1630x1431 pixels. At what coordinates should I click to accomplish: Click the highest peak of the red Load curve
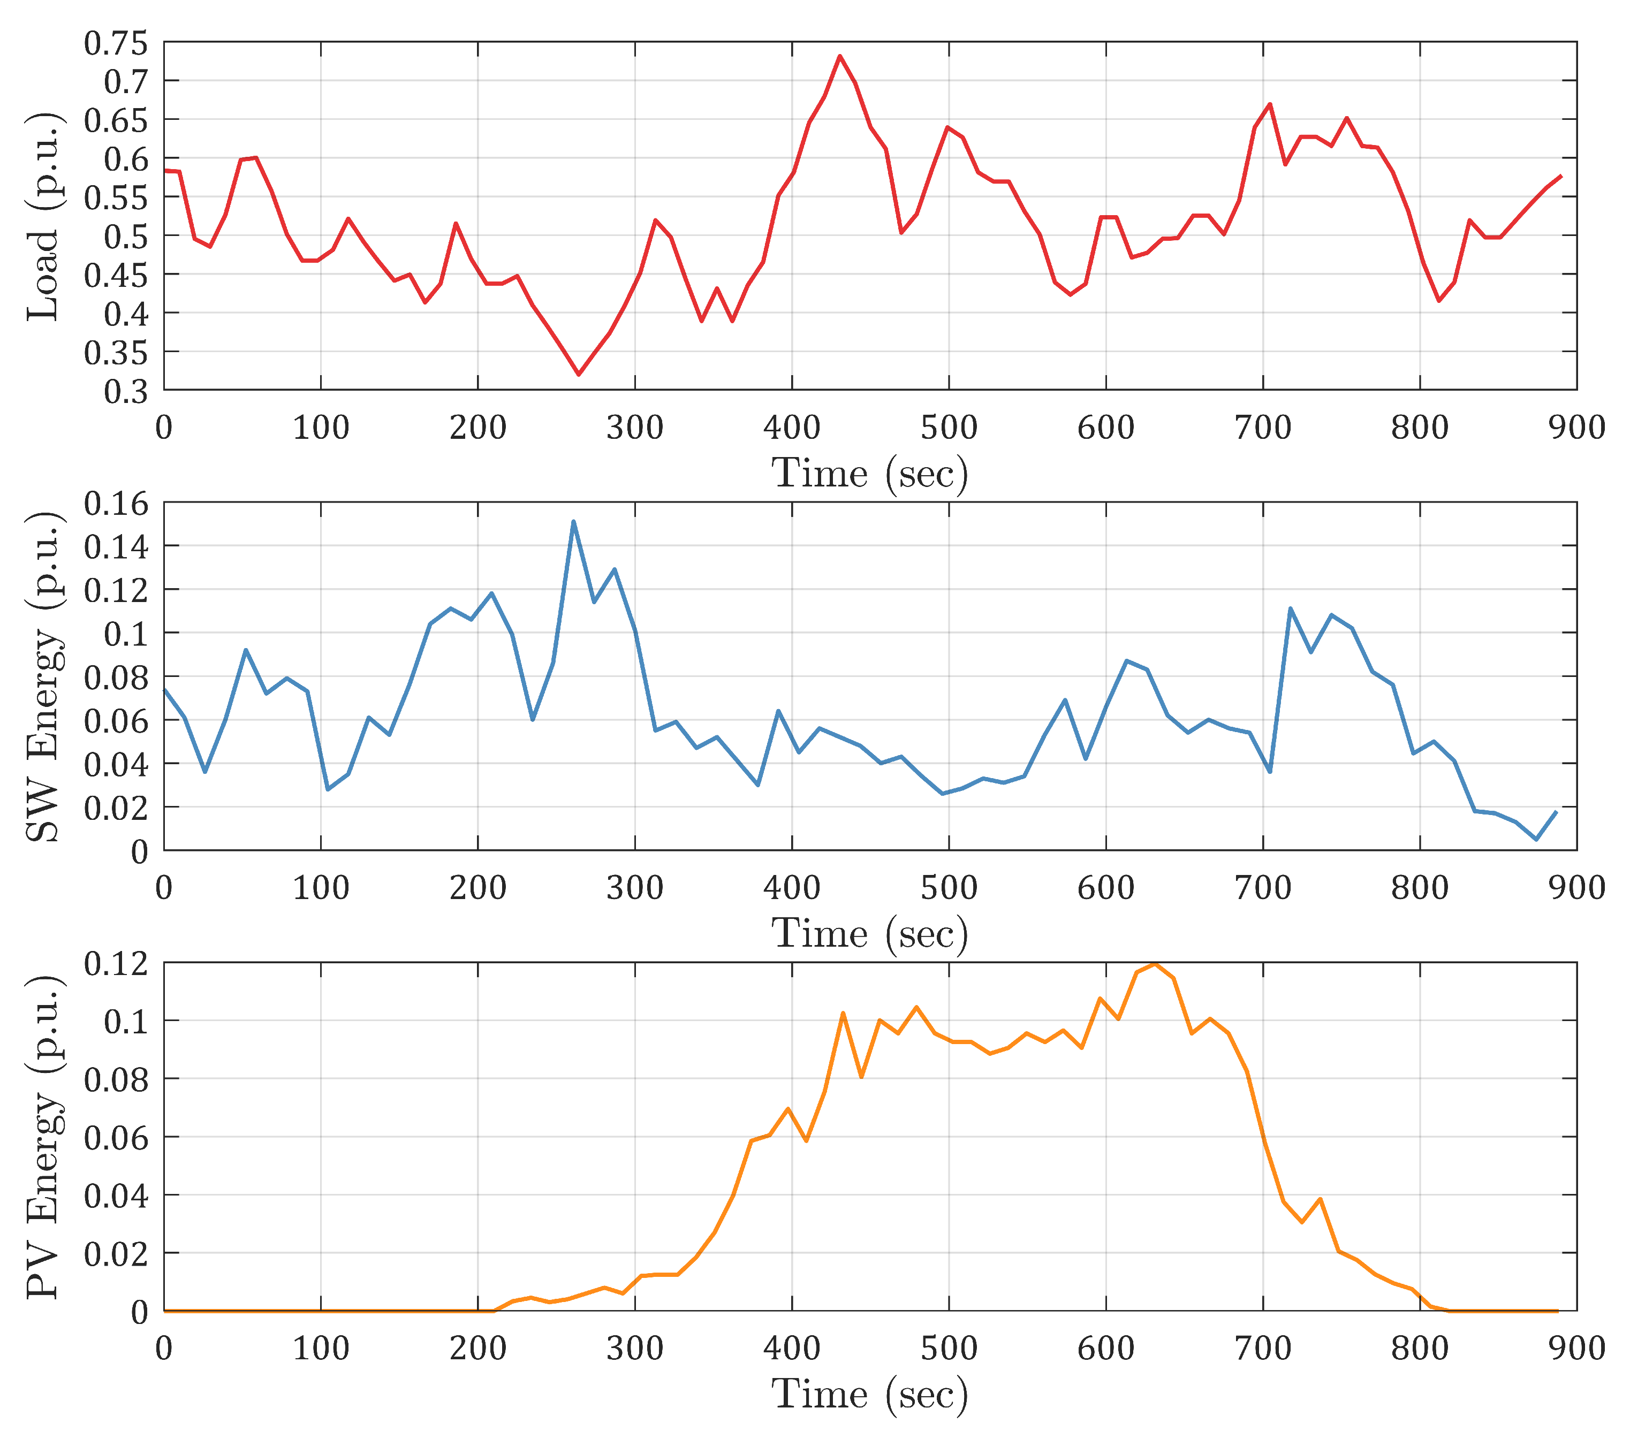point(840,56)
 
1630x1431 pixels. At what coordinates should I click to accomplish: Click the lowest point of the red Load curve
point(579,374)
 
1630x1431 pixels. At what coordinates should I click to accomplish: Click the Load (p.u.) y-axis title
point(44,217)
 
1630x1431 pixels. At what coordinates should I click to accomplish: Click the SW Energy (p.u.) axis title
point(44,677)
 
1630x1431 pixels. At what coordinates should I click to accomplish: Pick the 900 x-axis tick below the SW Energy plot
point(1576,888)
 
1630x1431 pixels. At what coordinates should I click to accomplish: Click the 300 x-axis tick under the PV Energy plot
point(635,1348)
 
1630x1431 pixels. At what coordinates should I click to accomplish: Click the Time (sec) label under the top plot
point(869,474)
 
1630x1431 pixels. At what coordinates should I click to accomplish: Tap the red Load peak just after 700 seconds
point(1270,104)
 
